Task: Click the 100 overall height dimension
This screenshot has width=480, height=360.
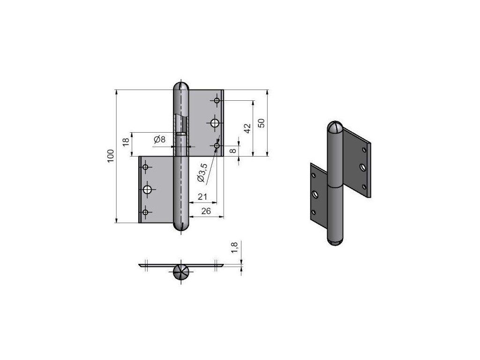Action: pos(111,156)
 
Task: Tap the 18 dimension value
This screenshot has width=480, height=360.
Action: pos(126,142)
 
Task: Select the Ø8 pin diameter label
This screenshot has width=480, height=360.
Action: pos(159,139)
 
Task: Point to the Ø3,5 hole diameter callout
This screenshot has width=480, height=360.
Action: pos(202,172)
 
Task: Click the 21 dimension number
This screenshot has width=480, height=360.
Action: pos(202,196)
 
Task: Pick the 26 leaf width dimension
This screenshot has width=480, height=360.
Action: pos(206,211)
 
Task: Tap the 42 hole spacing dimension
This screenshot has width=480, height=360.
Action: pos(247,128)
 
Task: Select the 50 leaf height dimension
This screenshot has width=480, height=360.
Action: pos(261,123)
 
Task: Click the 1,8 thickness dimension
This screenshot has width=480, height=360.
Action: pos(234,247)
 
